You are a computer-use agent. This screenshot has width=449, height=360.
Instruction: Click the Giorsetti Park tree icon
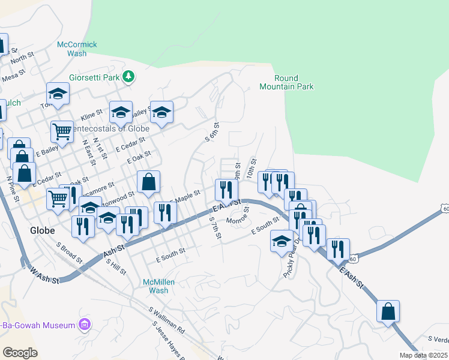(x=128, y=76)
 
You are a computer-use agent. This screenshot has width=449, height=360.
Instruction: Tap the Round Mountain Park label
(x=286, y=83)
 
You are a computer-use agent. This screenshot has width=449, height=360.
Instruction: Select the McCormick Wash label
(x=77, y=49)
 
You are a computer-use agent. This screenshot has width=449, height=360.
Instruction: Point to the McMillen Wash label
(x=158, y=286)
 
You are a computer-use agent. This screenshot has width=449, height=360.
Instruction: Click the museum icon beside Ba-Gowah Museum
(x=85, y=325)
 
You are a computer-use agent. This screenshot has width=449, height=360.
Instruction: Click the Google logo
(x=20, y=352)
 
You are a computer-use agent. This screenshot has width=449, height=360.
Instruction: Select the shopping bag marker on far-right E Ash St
(x=388, y=311)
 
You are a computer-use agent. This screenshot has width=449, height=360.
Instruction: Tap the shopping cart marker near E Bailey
(x=62, y=131)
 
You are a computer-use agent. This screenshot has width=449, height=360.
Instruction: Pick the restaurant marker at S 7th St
(x=226, y=190)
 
